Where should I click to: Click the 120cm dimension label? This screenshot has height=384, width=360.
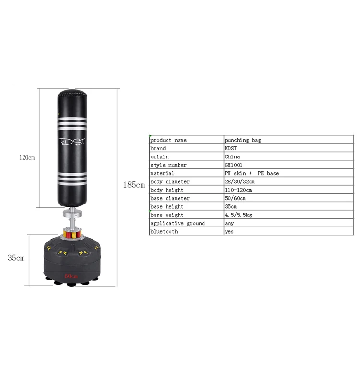(x=27, y=157)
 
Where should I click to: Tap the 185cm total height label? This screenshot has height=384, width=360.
(x=134, y=185)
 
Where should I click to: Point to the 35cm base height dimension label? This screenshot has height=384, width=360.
(x=16, y=258)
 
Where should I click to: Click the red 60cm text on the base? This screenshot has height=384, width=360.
(x=71, y=276)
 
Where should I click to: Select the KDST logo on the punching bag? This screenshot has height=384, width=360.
(x=72, y=142)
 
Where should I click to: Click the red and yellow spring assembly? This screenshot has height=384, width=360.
(x=72, y=233)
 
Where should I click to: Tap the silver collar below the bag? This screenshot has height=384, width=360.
(x=72, y=214)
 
